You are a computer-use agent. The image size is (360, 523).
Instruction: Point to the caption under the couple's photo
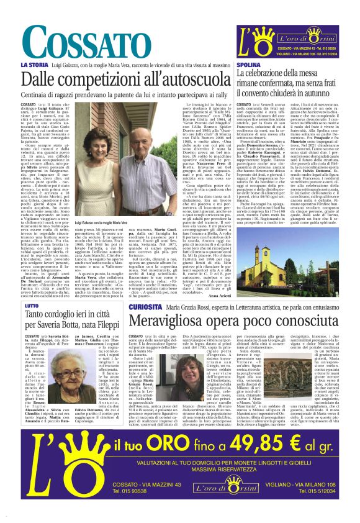coord(99,222)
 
